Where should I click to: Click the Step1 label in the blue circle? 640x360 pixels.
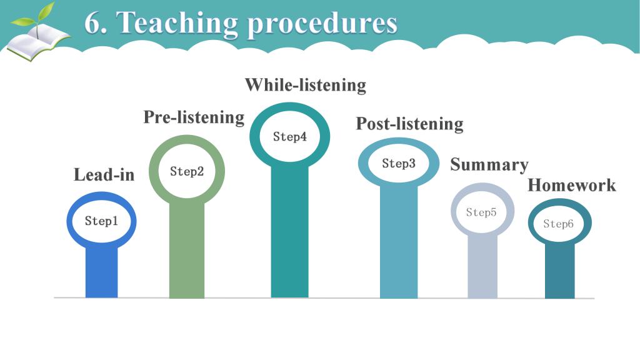101,221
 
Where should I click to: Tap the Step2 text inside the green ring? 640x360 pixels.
186,171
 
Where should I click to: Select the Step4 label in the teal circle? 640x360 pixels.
290,137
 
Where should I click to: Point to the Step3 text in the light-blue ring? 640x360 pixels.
399,163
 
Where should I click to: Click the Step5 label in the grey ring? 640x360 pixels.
481,212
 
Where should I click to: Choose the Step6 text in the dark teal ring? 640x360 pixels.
558,224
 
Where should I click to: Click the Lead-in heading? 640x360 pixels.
104,175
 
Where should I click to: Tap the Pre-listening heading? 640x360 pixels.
194,117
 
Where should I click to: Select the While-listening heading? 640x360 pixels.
305,85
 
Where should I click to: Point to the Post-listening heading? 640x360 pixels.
410,124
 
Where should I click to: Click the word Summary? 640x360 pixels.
489,165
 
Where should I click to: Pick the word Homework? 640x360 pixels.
571,185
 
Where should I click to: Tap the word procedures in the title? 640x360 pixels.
322,25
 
